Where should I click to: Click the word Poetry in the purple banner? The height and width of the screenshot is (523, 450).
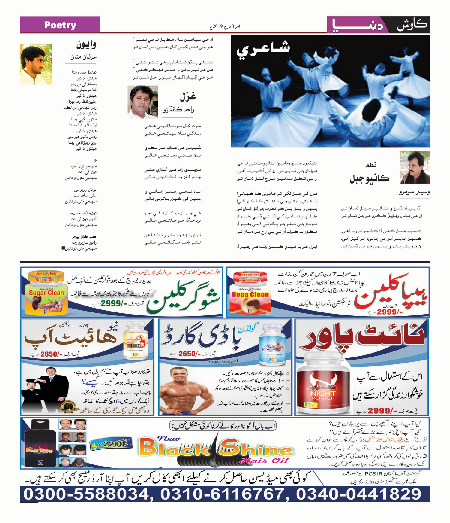60,25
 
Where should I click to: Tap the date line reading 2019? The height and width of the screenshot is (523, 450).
225,26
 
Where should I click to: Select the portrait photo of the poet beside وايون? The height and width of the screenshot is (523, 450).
36,64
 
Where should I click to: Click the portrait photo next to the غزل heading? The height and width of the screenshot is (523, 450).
143,102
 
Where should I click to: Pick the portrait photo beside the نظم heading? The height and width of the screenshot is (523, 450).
415,167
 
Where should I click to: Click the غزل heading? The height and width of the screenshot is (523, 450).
188,97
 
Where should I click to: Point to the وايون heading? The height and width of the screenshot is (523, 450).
86,45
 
